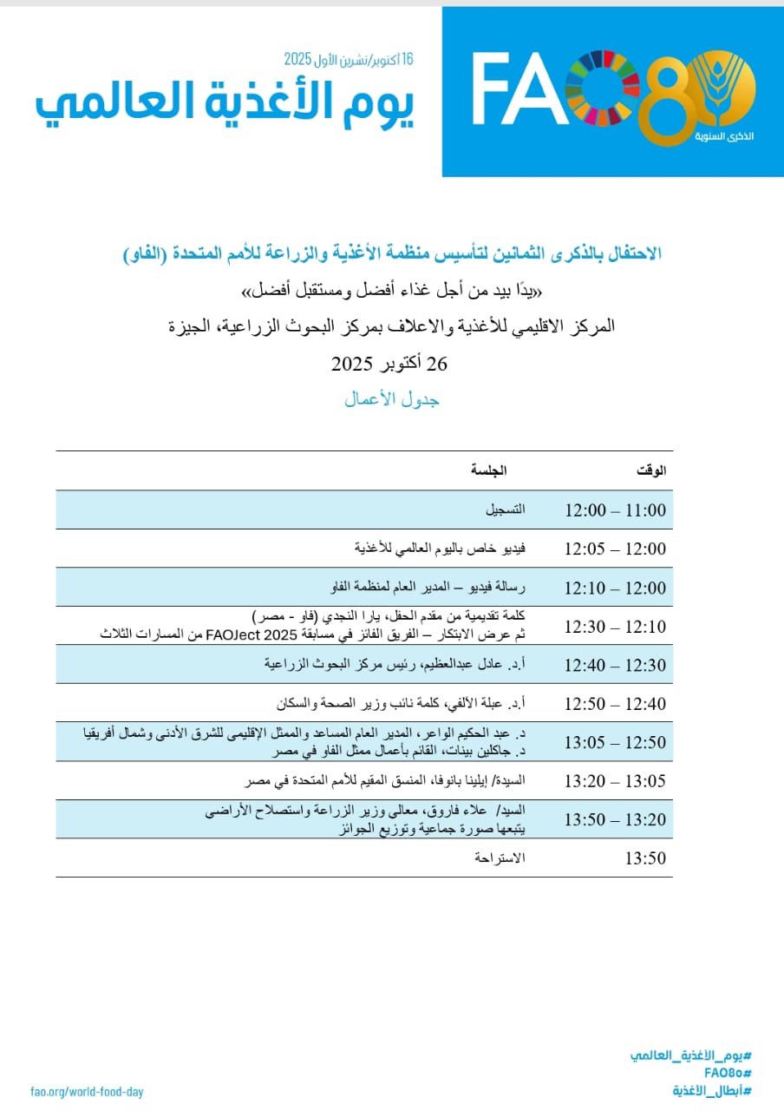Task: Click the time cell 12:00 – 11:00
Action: [615, 510]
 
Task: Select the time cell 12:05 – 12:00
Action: [615, 549]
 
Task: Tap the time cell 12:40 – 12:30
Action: [615, 666]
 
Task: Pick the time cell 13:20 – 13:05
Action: [615, 781]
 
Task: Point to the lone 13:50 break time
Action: [645, 858]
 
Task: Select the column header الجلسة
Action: [488, 471]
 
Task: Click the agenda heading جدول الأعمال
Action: [392, 399]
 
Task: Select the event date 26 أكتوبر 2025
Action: [389, 364]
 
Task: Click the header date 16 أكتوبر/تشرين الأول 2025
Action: [349, 59]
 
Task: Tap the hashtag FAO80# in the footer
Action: [727, 1073]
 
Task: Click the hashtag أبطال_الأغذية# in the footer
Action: [711, 1091]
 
